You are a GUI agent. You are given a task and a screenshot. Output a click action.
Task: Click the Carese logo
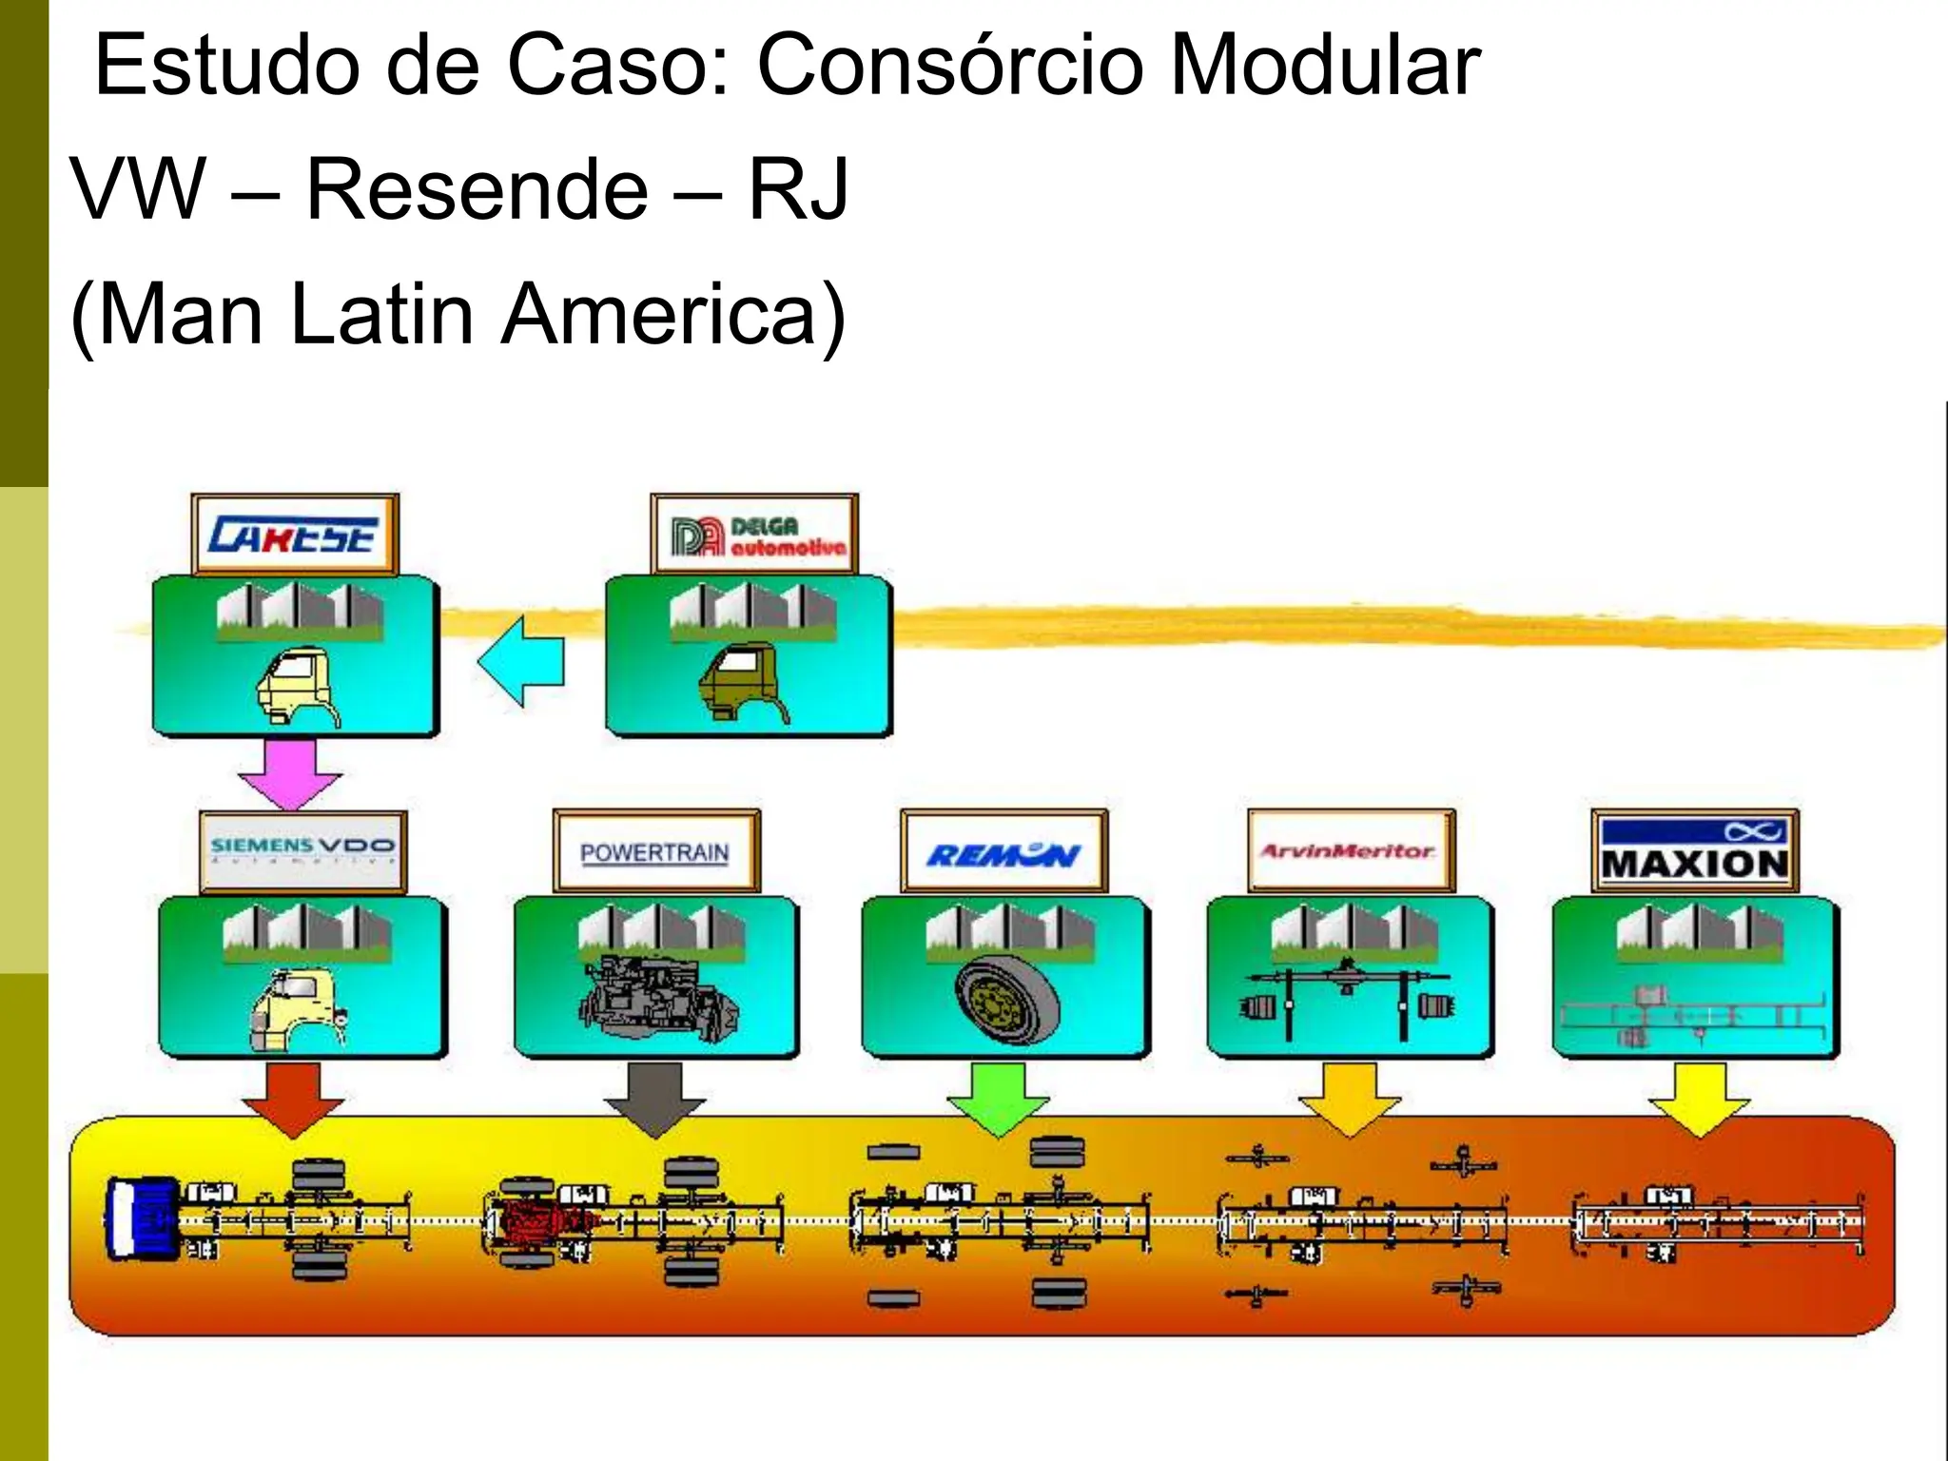click(295, 535)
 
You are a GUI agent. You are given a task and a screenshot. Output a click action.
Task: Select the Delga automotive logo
click(755, 535)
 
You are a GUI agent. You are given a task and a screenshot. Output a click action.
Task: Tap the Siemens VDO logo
click(302, 850)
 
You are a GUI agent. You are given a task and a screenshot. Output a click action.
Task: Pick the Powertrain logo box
click(656, 850)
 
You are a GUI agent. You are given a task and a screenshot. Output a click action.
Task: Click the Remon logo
click(1003, 850)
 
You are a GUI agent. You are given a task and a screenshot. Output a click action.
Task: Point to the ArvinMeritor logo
click(1351, 850)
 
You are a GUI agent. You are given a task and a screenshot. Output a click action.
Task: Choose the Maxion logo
click(1695, 850)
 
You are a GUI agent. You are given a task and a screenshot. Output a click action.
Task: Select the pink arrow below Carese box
click(290, 772)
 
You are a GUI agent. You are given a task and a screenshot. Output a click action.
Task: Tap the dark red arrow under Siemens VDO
click(292, 1097)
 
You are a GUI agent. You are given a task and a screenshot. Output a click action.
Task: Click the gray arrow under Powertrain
click(655, 1097)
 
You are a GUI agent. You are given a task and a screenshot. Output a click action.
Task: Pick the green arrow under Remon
click(999, 1097)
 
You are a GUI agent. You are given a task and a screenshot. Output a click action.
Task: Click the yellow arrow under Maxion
click(1700, 1097)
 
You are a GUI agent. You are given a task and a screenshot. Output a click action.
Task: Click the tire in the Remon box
click(1006, 999)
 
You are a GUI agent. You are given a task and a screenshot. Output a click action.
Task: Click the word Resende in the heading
click(477, 188)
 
